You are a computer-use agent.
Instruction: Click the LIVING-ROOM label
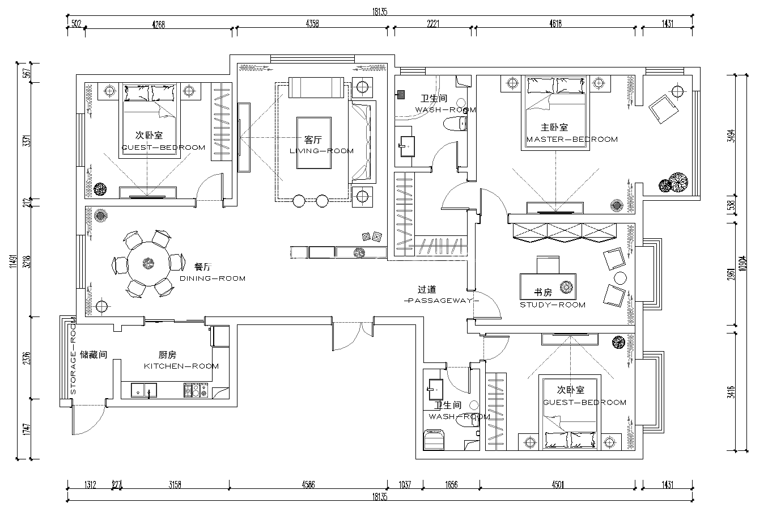[x=321, y=151]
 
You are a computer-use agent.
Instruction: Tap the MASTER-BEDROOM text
[x=572, y=140]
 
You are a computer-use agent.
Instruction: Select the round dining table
[x=148, y=264]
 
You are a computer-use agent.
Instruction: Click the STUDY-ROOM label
[x=553, y=305]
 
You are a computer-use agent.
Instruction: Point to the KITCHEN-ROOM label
[x=181, y=366]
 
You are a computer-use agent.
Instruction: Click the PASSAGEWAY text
[x=442, y=301]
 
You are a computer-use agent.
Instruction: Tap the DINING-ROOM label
[x=213, y=278]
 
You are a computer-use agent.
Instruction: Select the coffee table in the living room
[x=314, y=143]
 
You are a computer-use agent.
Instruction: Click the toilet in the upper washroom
[x=455, y=124]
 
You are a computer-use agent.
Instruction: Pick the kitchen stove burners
[x=196, y=390]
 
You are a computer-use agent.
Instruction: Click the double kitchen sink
[x=144, y=390]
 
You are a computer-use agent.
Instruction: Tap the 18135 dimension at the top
[x=380, y=12]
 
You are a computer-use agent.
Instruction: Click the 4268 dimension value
[x=158, y=24]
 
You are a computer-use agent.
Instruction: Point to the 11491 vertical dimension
[x=13, y=261]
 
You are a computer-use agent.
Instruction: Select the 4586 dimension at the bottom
[x=308, y=484]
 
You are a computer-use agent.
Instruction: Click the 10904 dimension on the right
[x=742, y=264]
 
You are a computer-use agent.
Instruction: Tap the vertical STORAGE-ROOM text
[x=73, y=356]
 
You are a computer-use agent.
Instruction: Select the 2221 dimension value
[x=433, y=24]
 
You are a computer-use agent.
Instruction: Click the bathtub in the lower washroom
[x=434, y=440]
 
